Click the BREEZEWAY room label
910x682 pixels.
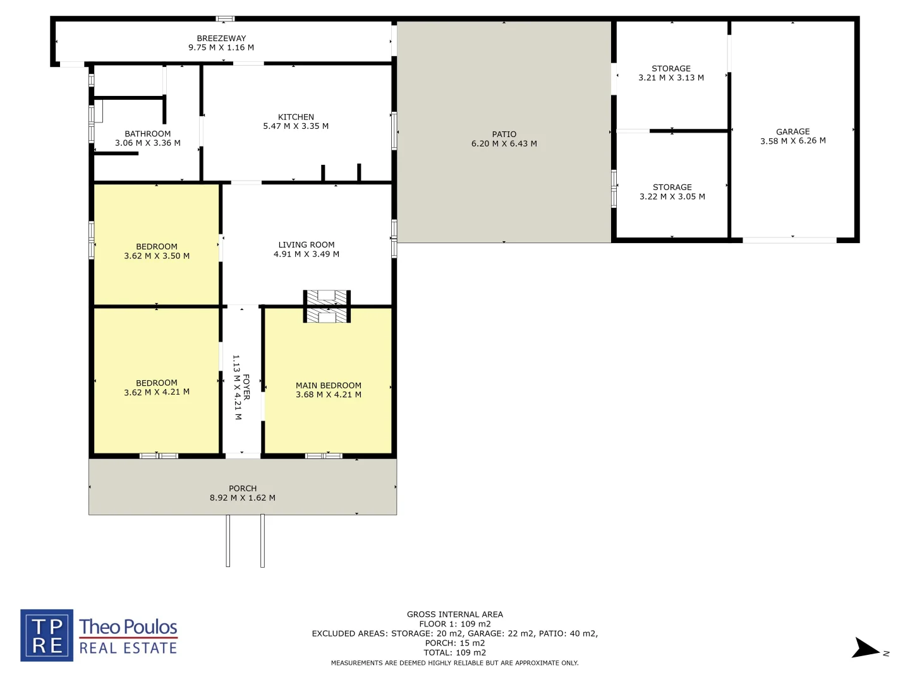pyautogui.click(x=221, y=39)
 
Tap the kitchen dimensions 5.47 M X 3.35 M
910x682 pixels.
pyautogui.click(x=296, y=126)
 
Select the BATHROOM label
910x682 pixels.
pyautogui.click(x=148, y=134)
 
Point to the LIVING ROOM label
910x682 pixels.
pyautogui.click(x=306, y=245)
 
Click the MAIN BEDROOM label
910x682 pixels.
pyautogui.click(x=329, y=385)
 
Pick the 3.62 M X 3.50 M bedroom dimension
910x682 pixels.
pyautogui.click(x=157, y=256)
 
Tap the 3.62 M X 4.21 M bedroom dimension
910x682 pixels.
pyautogui.click(x=157, y=392)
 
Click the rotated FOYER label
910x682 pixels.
pyautogui.click(x=246, y=387)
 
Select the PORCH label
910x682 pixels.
pyautogui.click(x=243, y=489)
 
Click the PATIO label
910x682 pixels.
pyautogui.click(x=504, y=135)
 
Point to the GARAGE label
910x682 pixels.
pyautogui.click(x=793, y=132)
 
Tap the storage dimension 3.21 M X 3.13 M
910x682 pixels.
pyautogui.click(x=671, y=78)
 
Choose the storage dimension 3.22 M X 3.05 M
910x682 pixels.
pyautogui.click(x=672, y=197)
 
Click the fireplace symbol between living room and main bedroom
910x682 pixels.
pyautogui.click(x=327, y=306)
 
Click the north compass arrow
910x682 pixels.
pyautogui.click(x=865, y=649)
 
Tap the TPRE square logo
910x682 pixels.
pyautogui.click(x=47, y=635)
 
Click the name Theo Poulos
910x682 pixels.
pyautogui.click(x=128, y=626)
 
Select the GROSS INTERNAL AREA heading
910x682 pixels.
pyautogui.click(x=455, y=614)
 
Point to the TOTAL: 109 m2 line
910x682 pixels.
pyautogui.click(x=455, y=653)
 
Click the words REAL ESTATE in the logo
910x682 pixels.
pyautogui.click(x=128, y=649)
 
